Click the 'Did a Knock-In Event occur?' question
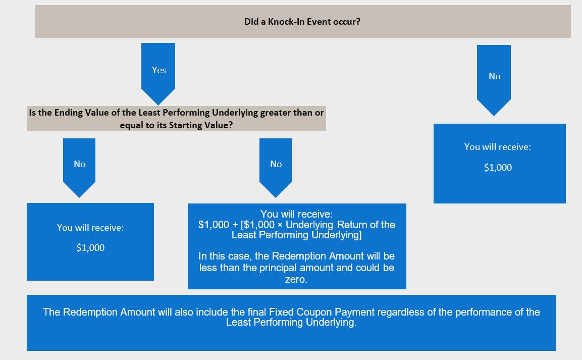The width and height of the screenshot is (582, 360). pos(302,22)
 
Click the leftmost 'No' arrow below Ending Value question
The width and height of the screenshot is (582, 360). pos(79,168)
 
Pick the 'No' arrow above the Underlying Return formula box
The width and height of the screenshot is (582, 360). pos(276,168)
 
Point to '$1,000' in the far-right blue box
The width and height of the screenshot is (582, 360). pos(498,168)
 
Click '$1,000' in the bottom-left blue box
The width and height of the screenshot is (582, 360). pos(90,247)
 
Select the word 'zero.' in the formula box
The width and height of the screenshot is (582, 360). pos(296,279)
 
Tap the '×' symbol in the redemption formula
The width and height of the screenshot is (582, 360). pos(280,225)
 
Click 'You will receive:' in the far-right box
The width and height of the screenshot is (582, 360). pos(497,147)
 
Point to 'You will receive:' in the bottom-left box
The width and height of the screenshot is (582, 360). pos(90,228)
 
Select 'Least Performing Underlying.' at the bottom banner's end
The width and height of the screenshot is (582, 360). pos(291,322)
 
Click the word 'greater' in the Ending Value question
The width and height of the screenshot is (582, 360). pos(275,113)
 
